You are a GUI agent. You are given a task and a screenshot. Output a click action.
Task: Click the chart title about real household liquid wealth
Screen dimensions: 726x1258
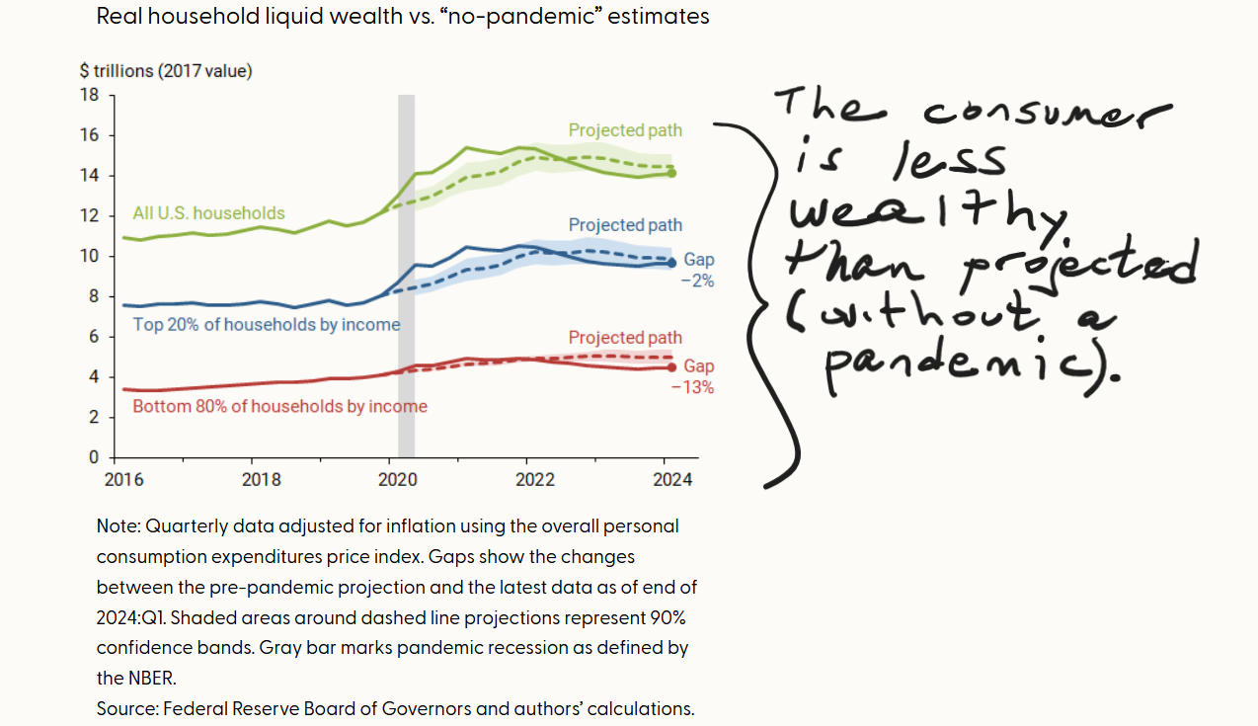click(402, 17)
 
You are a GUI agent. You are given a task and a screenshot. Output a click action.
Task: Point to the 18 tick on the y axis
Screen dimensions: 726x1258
click(90, 95)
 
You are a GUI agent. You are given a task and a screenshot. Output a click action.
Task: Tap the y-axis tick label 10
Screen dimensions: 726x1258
click(90, 256)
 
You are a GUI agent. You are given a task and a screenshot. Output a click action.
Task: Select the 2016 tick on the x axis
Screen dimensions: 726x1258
click(123, 480)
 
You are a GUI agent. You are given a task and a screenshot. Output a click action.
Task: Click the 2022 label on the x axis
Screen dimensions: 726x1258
click(535, 480)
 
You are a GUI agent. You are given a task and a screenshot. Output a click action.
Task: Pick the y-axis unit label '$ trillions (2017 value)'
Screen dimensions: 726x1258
click(166, 71)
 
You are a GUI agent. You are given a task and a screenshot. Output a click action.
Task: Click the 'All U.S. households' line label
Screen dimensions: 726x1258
click(208, 213)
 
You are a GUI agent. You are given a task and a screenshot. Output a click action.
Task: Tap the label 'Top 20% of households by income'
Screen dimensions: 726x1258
click(267, 324)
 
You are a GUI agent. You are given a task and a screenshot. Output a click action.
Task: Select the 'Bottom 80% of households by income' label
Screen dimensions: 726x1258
click(279, 406)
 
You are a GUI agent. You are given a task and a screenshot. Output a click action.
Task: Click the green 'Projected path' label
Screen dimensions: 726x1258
click(625, 130)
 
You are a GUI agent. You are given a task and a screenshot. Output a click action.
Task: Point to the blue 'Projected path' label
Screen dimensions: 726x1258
click(625, 225)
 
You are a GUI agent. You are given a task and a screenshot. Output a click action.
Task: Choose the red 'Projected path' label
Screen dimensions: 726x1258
click(625, 338)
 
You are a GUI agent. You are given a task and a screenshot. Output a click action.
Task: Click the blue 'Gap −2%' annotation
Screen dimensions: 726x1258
click(698, 270)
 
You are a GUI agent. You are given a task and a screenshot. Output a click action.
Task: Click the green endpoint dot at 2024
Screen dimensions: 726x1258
click(671, 173)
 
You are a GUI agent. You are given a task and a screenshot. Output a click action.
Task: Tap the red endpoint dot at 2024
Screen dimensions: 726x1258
click(671, 367)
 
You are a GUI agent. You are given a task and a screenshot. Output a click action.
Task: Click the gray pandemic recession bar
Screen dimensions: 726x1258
click(406, 277)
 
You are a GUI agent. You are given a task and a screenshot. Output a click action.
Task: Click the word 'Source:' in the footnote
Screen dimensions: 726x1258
click(127, 708)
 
